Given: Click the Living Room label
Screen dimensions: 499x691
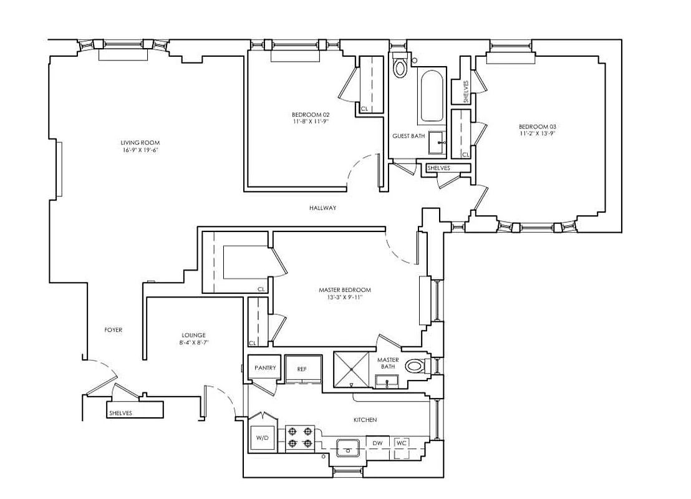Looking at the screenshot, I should (135, 143).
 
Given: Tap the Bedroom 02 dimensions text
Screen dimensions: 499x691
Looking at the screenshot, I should (310, 122).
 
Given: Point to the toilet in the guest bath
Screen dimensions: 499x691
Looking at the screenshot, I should (400, 66).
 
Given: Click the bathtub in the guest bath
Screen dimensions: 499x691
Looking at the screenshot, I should (432, 97).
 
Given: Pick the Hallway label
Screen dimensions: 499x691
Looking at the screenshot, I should (323, 208).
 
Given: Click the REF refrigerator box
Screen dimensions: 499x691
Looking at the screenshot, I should (302, 369).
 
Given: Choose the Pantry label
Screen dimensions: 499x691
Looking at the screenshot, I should (265, 368).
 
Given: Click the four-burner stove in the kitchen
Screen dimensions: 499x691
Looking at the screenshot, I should (299, 438).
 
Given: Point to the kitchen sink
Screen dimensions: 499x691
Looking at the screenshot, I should (347, 447).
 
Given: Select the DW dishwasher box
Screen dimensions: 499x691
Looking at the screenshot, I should (377, 443).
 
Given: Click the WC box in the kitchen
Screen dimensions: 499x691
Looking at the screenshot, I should (402, 443).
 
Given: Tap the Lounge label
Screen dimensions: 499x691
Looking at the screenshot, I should (194, 335).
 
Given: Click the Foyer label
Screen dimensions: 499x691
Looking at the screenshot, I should (113, 330).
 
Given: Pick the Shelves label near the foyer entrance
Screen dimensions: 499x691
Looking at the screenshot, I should (120, 413).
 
